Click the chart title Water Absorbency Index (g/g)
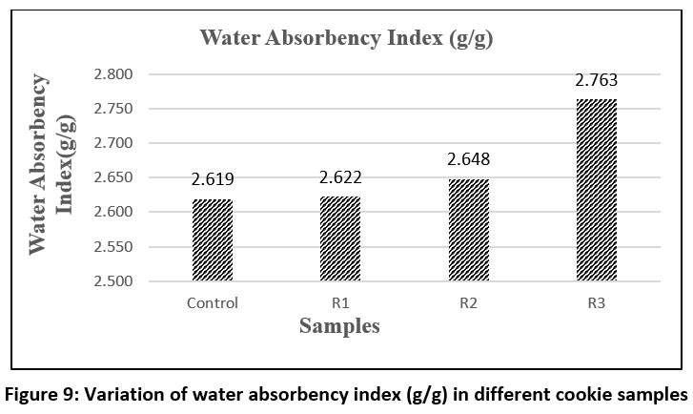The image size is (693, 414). coord(345,39)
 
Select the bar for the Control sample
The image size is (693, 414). coord(213,240)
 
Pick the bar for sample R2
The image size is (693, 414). coord(468,230)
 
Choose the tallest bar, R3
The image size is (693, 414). coord(597,190)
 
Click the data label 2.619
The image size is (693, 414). coord(213,178)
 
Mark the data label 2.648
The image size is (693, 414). coord(468,158)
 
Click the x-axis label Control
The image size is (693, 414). coord(213,303)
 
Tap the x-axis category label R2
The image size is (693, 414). coord(468,303)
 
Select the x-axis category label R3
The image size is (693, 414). coord(597,303)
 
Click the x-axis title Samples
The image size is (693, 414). coord(339,326)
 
